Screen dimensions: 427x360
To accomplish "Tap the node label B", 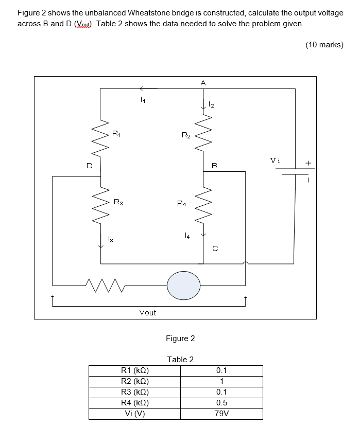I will [215, 166].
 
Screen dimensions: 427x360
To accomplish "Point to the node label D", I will [89, 166].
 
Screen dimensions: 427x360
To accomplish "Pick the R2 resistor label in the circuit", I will [186, 135].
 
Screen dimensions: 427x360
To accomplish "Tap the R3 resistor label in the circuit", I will [118, 202].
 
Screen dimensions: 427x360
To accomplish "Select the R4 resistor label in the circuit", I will [181, 204].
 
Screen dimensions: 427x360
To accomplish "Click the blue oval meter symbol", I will [183, 284].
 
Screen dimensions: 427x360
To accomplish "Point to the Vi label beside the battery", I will [276, 160].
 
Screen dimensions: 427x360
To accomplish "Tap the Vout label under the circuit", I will [148, 312].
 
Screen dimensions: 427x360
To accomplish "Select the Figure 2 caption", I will [180, 338].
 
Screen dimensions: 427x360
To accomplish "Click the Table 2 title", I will [180, 359].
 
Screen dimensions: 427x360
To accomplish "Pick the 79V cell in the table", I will [221, 413].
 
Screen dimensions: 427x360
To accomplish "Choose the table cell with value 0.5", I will [221, 403].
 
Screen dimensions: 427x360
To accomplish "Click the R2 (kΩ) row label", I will [134, 381].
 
